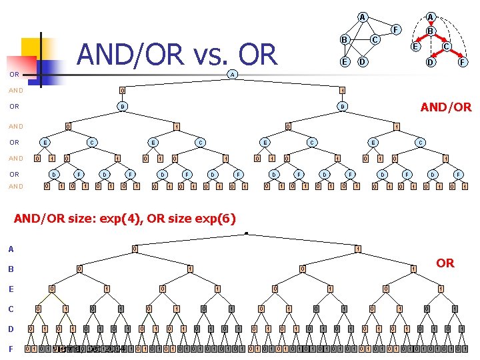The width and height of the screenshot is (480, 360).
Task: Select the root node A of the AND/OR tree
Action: [x=232, y=74]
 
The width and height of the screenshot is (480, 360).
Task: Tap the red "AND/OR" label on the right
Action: [x=446, y=107]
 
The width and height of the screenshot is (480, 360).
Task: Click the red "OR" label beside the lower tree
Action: [x=445, y=263]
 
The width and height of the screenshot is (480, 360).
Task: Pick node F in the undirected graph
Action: [x=395, y=29]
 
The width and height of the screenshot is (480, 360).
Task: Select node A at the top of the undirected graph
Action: [x=361, y=17]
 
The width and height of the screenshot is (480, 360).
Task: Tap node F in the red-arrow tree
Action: [x=461, y=63]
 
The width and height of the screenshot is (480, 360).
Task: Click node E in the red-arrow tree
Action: [x=415, y=47]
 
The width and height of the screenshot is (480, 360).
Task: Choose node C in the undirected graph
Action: [x=375, y=40]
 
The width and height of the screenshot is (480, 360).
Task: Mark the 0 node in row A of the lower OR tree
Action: [x=134, y=249]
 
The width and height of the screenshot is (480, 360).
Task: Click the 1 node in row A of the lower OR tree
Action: [x=358, y=249]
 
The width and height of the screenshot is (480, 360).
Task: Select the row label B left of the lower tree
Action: [x=10, y=269]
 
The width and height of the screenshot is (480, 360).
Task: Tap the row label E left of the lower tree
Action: [x=10, y=289]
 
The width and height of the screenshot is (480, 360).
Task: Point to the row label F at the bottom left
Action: [x=10, y=348]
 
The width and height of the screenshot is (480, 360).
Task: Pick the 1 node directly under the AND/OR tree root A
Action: [x=341, y=90]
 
